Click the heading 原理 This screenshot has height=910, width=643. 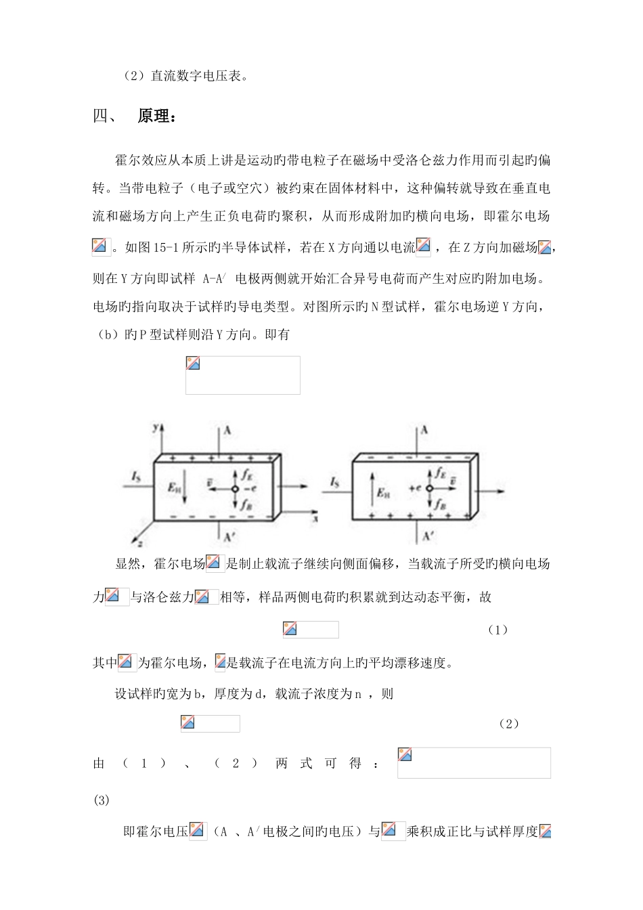(x=157, y=116)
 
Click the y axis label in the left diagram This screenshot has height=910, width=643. (x=155, y=427)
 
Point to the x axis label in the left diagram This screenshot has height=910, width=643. (x=315, y=518)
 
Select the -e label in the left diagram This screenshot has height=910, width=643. (x=248, y=489)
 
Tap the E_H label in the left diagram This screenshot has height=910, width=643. (x=174, y=485)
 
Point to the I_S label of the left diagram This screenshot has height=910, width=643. (x=135, y=479)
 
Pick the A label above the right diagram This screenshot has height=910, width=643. (x=425, y=429)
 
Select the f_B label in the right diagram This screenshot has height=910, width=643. (x=441, y=503)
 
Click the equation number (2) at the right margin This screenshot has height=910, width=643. (x=508, y=724)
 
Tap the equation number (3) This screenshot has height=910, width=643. (x=101, y=800)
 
